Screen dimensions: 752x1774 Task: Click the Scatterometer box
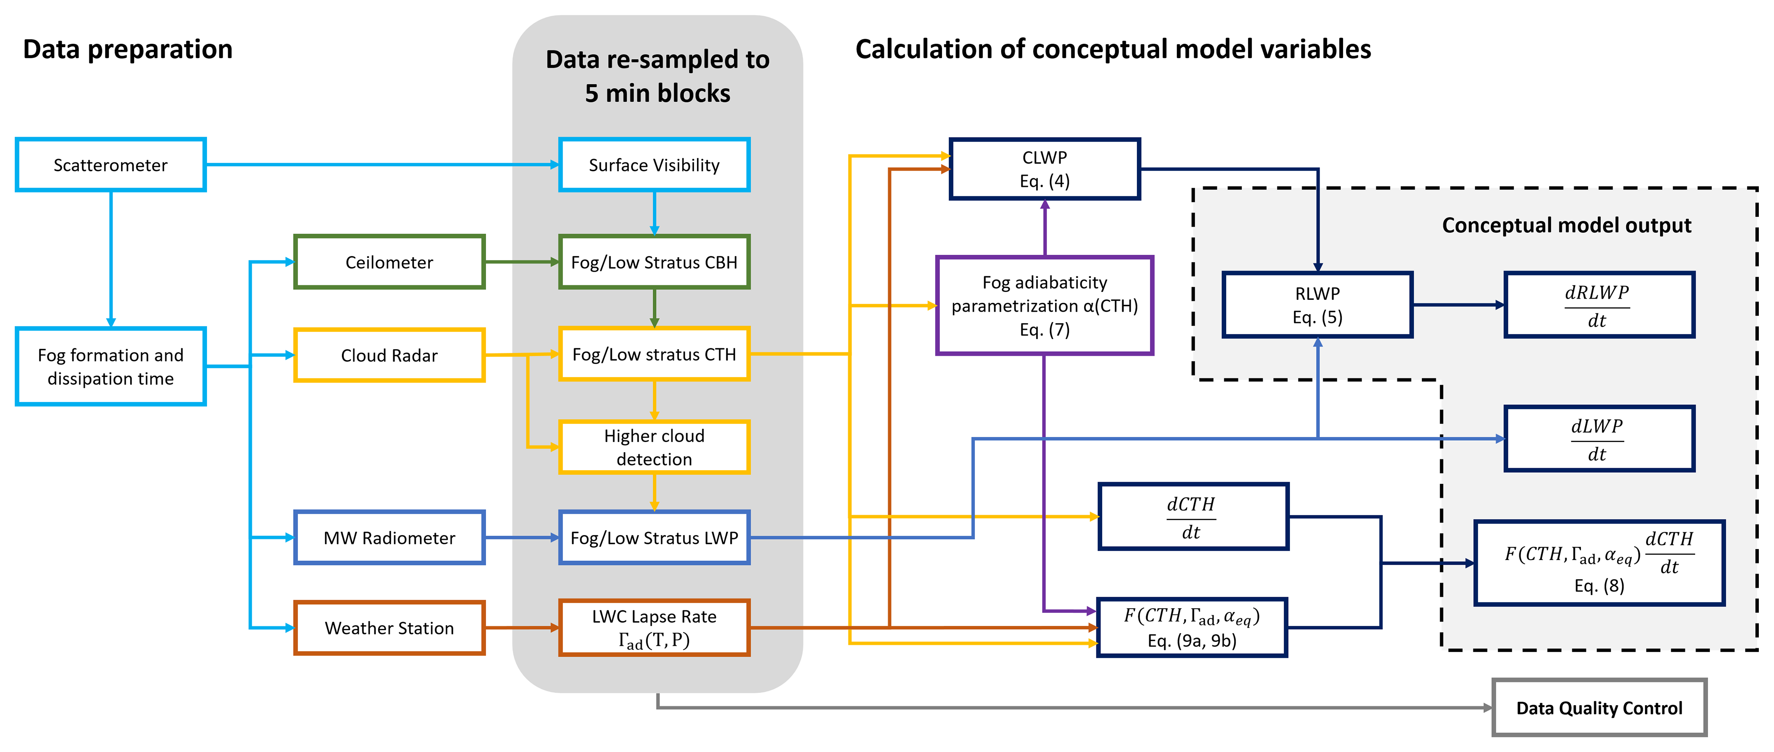click(x=110, y=164)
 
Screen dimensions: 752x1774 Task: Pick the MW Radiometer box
click(x=389, y=538)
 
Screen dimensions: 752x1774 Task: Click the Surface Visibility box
click(x=654, y=164)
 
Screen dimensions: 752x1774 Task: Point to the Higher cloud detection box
click(x=654, y=447)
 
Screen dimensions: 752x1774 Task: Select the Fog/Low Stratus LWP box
click(x=654, y=538)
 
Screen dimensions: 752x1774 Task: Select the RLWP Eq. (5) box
click(x=1317, y=305)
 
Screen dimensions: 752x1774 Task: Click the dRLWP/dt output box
click(x=1599, y=305)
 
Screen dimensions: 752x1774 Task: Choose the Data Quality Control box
click(x=1599, y=708)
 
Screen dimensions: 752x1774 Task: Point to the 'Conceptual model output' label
click(x=1566, y=225)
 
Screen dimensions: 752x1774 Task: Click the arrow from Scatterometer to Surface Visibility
click(x=382, y=164)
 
